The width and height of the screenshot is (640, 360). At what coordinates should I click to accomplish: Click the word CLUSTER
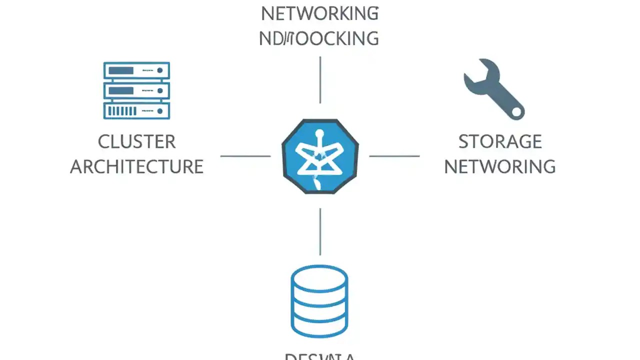[136, 142]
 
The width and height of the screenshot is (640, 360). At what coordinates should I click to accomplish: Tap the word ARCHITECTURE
[136, 166]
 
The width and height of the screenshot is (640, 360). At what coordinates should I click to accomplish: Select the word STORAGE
[500, 142]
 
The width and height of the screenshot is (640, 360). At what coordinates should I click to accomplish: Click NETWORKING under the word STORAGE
[500, 166]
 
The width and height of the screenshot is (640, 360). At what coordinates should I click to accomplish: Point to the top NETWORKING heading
[319, 14]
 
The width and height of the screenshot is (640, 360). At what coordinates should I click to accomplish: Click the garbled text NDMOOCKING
[319, 38]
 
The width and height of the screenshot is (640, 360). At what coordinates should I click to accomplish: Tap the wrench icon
[492, 89]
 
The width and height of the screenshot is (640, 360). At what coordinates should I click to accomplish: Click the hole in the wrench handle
[515, 111]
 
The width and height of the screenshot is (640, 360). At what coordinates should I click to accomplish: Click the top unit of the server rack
[136, 70]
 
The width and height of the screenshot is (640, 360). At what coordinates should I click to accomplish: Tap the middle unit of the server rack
[136, 90]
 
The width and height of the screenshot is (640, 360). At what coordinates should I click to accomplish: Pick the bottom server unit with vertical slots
[136, 110]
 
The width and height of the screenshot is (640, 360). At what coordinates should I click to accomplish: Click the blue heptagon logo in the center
[320, 156]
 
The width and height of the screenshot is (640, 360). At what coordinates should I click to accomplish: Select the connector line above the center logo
[320, 80]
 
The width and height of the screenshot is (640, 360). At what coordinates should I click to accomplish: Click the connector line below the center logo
[320, 231]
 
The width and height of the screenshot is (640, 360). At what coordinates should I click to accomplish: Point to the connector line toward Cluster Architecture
[245, 156]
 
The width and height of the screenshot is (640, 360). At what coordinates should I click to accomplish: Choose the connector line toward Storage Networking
[394, 156]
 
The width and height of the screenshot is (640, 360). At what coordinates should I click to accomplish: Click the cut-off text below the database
[319, 356]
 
